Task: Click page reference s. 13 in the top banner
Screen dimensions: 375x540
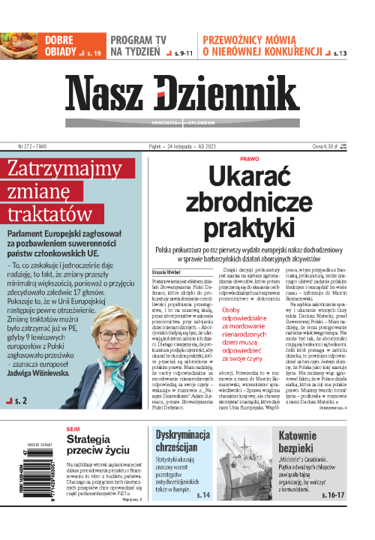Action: point(339,54)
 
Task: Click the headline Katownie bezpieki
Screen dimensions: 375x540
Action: point(328,463)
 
